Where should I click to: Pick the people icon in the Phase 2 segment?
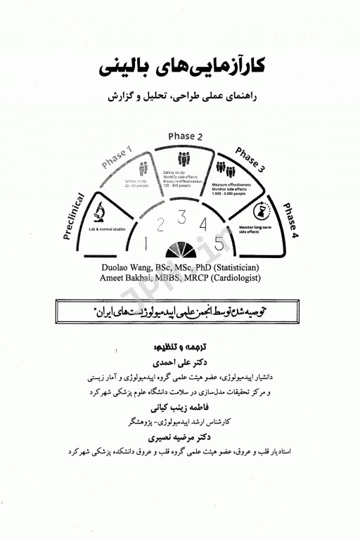(184, 159)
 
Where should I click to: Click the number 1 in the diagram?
(145, 244)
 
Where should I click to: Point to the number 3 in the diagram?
(182, 217)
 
